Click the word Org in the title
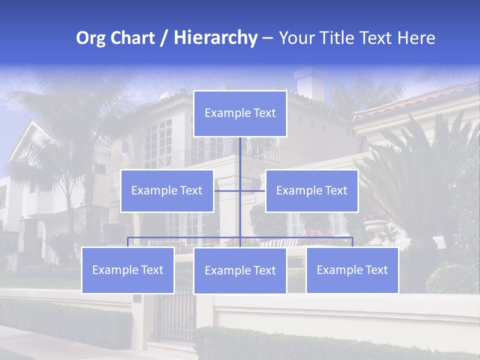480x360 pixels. click(x=91, y=38)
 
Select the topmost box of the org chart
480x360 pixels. click(x=240, y=113)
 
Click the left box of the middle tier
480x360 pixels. click(x=167, y=190)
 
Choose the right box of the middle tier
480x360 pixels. click(x=311, y=190)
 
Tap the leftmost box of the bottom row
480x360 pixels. click(x=127, y=270)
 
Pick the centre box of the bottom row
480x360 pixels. click(x=240, y=270)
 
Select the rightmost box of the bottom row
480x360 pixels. click(x=352, y=270)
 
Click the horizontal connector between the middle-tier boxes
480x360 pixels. click(x=227, y=190)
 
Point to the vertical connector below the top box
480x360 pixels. click(x=240, y=155)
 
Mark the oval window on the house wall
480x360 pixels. click(x=124, y=147)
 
